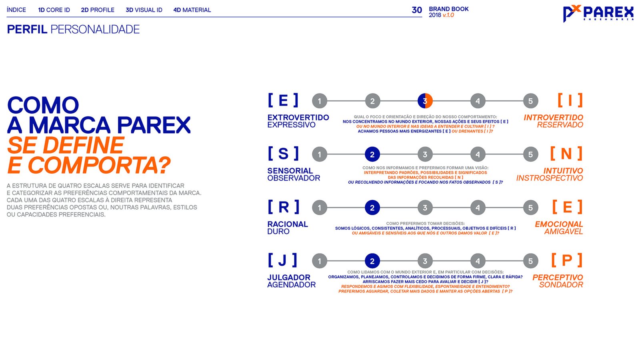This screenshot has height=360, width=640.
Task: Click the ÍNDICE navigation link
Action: pos(16,10)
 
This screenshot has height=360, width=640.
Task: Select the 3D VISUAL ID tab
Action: pos(144,10)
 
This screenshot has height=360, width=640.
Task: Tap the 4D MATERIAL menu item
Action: pos(192,10)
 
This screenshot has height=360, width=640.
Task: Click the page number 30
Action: pos(417,10)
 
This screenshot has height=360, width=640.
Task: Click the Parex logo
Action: pos(598,14)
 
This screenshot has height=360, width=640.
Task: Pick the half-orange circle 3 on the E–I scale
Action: pos(425,101)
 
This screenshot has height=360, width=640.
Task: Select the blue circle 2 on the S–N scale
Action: pos(372,154)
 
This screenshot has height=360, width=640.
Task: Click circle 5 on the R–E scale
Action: pos(530,208)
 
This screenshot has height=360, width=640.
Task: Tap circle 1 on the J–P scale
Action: pos(320,261)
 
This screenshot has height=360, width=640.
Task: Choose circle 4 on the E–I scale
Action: pos(478,101)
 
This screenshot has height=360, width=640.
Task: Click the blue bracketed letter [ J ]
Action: pos(283,260)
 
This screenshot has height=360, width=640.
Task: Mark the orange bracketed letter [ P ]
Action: pos(567,260)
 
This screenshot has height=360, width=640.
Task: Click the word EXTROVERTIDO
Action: pos(298,118)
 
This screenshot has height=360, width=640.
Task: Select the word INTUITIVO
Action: pos(563,171)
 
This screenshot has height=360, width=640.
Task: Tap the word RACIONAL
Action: pos(288,224)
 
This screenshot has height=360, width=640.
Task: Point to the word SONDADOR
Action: pos(561,285)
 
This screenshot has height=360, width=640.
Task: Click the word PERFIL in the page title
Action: pos(27,30)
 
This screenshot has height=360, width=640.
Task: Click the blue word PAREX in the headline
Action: pos(154,125)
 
